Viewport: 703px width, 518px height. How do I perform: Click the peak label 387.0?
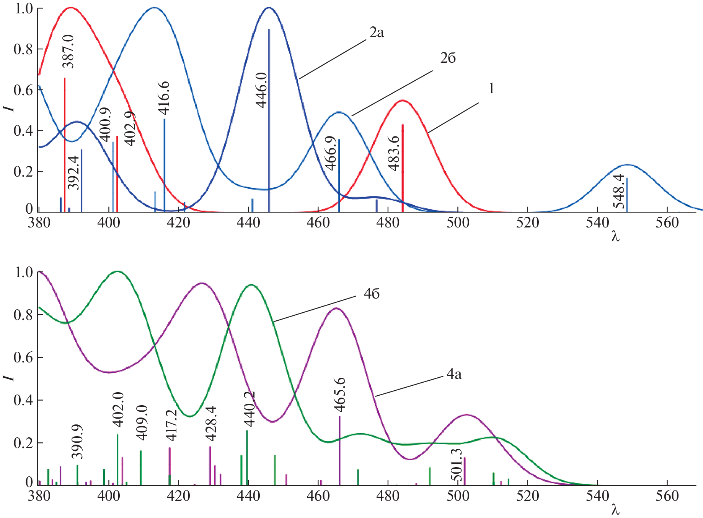pos(69,51)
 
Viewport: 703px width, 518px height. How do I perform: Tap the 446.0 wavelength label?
pos(262,90)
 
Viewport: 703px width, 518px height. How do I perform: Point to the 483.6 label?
pos(394,153)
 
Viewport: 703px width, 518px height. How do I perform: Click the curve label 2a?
pos(377,33)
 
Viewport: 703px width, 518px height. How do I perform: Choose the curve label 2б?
pos(448,58)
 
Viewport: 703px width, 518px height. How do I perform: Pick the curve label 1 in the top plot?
pos(491,89)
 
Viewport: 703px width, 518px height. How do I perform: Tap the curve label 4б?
pos(372,294)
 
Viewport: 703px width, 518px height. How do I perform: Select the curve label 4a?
pos(454,374)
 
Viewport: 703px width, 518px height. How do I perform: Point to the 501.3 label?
pos(456,465)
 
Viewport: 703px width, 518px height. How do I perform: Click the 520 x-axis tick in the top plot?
pos(527,222)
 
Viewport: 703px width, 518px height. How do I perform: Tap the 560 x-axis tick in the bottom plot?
pos(667,496)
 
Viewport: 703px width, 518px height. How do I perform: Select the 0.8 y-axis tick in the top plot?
pos(23,49)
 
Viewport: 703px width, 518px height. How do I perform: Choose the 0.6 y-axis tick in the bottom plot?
pos(23,358)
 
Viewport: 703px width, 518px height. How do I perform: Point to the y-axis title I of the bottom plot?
pos(8,377)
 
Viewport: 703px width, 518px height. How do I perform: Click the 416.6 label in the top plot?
pos(164,98)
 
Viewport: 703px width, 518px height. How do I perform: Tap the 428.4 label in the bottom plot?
pos(211,424)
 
